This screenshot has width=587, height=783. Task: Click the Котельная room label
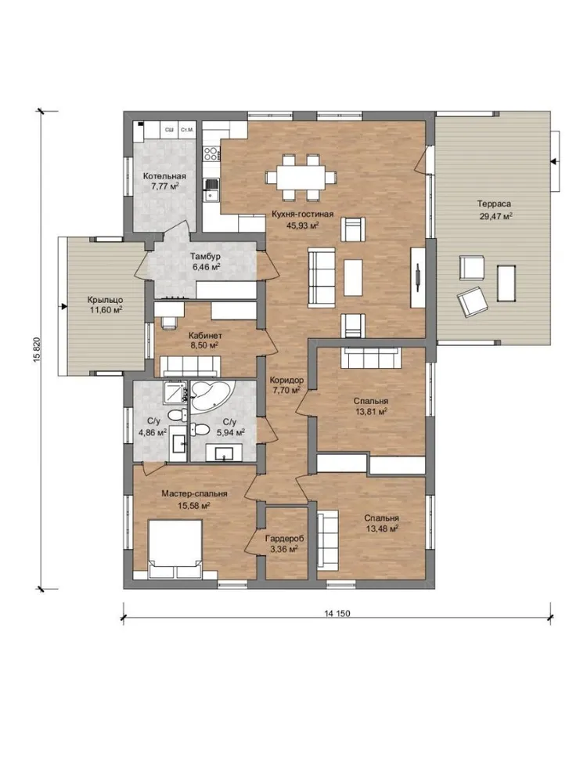164,176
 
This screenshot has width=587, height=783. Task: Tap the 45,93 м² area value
302,226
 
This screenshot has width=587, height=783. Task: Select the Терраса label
494,204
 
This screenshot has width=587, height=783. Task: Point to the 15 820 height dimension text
38,351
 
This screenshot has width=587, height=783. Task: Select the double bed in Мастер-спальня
175,547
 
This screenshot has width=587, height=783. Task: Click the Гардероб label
285,539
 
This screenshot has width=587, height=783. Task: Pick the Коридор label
286,380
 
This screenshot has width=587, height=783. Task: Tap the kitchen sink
211,189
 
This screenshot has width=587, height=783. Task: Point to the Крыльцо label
106,300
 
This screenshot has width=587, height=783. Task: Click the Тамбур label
205,256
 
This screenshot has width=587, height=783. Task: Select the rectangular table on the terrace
506,283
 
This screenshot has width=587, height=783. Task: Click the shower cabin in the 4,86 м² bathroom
175,394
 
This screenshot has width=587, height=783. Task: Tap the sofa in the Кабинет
192,366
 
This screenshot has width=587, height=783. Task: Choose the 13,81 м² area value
370,412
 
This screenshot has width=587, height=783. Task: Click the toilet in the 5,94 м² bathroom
200,429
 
